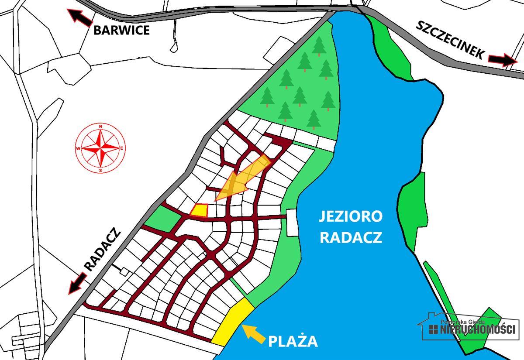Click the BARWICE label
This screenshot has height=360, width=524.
point(121,30)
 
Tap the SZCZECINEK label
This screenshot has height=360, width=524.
point(449,40)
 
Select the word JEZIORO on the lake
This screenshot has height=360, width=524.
point(351,216)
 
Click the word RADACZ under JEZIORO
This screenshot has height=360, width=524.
point(351,237)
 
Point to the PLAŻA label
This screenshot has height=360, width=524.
point(293,341)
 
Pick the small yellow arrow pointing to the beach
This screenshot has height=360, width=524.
point(253,333)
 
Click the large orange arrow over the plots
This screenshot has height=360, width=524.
point(242,179)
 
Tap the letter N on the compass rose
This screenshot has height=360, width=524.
point(101,127)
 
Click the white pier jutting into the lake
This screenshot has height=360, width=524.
point(292,222)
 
